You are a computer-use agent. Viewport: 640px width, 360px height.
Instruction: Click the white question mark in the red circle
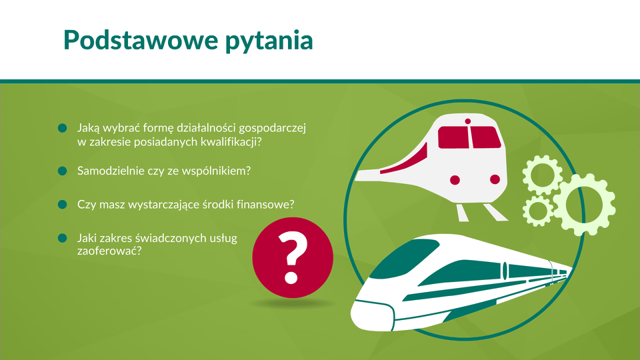click(x=292, y=257)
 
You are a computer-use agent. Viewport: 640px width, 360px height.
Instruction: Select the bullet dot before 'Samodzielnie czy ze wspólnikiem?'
click(x=63, y=171)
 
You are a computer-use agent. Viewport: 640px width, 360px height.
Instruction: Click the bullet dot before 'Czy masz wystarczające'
click(x=63, y=204)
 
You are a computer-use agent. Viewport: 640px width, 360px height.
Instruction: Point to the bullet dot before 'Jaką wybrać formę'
click(x=63, y=128)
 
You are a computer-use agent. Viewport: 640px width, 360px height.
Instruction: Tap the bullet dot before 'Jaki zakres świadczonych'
click(x=63, y=238)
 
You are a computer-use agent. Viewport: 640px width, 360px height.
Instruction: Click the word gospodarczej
click(x=272, y=129)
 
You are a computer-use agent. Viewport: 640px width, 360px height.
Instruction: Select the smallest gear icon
click(x=538, y=211)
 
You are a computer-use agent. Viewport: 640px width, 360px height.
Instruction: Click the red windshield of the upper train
click(x=469, y=137)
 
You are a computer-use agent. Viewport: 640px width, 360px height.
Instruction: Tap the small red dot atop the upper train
click(x=468, y=121)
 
